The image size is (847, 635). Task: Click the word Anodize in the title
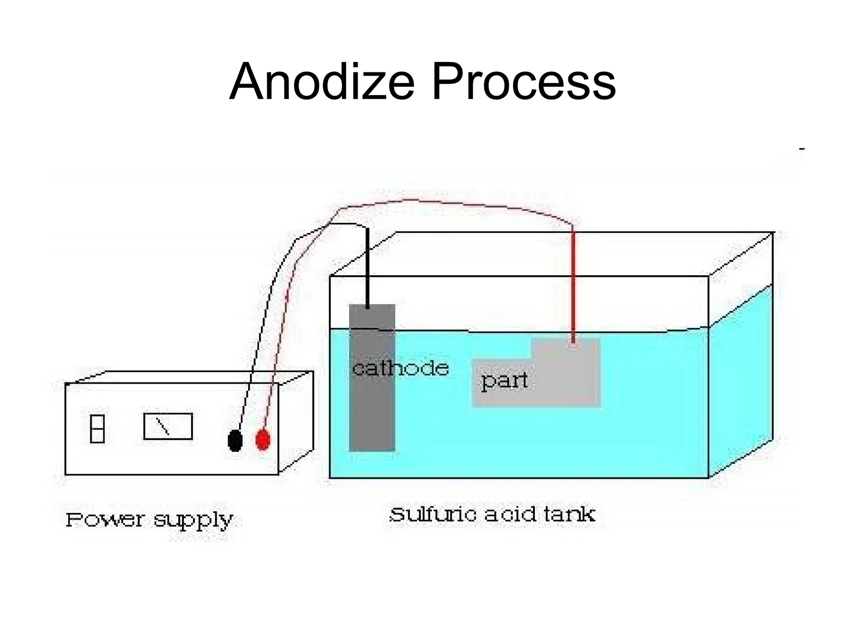322,82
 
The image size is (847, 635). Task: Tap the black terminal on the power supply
235,440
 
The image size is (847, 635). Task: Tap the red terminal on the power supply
263,439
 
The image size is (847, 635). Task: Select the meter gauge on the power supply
168,426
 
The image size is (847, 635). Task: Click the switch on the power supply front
97,429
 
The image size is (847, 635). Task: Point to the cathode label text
400,368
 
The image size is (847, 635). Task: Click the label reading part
504,380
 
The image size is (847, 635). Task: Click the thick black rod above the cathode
367,269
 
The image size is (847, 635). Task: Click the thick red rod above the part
573,285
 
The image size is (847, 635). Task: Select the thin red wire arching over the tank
455,203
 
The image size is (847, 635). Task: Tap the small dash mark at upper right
802,148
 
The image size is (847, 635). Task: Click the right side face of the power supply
296,422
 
